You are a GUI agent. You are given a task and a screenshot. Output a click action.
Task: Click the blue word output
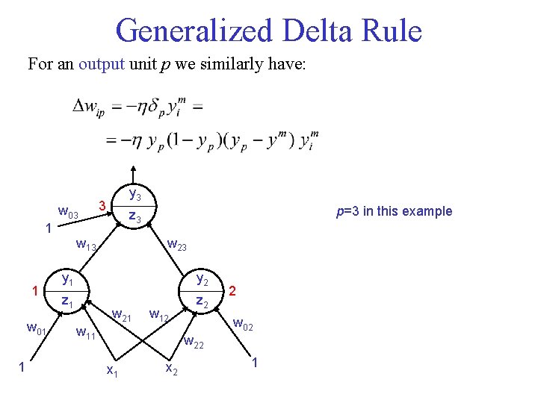(102, 64)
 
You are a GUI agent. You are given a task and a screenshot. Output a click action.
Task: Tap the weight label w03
(69, 215)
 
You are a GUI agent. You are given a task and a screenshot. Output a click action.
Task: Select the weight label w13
(87, 245)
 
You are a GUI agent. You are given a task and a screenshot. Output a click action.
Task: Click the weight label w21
(122, 316)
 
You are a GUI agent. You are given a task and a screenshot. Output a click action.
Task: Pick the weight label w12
(161, 316)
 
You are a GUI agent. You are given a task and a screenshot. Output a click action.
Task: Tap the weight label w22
(194, 343)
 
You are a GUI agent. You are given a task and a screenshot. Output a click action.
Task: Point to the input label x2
(170, 369)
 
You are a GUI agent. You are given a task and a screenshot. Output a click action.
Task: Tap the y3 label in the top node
(135, 196)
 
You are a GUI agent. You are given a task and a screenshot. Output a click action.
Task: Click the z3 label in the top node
(134, 217)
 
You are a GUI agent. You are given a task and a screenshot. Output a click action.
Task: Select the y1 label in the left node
(67, 280)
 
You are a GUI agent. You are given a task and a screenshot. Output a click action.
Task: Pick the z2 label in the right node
(202, 301)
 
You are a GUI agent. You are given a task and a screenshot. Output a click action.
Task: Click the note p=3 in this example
(394, 211)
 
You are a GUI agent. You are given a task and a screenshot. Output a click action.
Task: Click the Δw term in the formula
(87, 107)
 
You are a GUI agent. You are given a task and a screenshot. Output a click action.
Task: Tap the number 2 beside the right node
(232, 289)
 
